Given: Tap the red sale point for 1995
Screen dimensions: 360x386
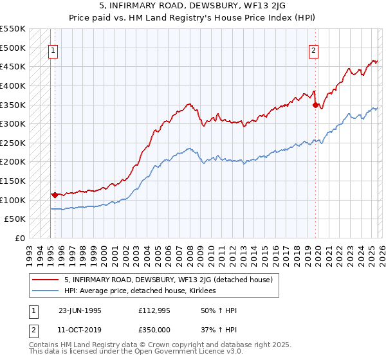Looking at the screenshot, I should click(55, 194).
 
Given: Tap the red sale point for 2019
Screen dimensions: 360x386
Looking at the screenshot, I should click(315, 104).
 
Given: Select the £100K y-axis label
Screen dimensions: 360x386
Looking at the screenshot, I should click(13, 200).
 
